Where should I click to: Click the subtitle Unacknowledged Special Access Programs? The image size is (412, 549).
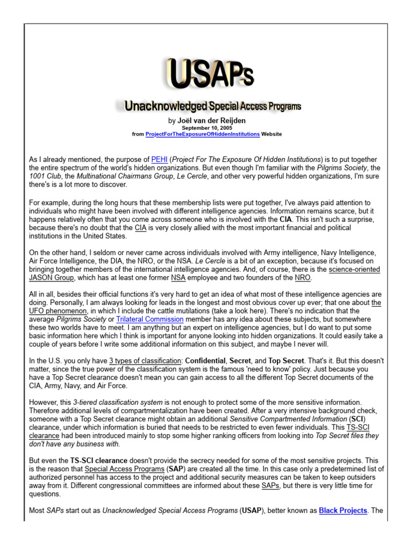point(213,107)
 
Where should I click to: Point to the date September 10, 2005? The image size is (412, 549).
point(207,128)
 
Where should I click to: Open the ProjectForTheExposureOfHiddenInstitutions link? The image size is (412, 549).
point(203,134)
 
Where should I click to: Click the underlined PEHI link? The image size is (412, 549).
point(159,159)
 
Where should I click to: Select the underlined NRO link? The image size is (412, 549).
point(302,278)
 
